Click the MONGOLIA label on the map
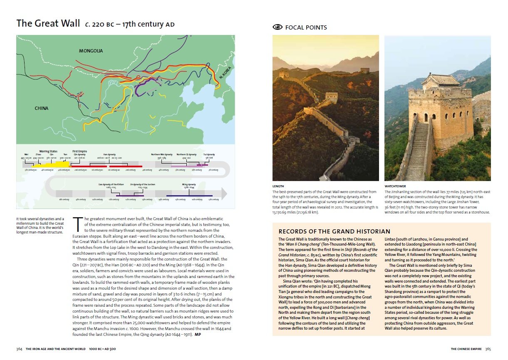pos(91,51)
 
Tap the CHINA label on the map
pos(41,109)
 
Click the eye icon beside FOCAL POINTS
pos(277,27)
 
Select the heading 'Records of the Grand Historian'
pos(334,231)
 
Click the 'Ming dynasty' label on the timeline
pos(188,184)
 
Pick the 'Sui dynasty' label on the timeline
pos(210,154)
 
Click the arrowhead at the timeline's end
pos(224,194)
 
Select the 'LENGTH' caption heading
pos(278,186)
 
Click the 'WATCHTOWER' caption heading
pos(395,186)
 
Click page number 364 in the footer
pos(19,349)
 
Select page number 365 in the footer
pos(488,349)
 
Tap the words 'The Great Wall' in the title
pos(48,23)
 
